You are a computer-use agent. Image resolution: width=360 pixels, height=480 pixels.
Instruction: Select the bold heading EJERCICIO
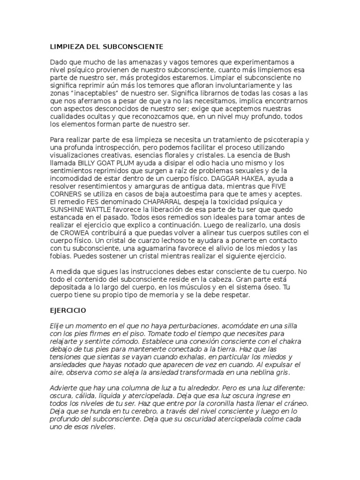[x=68, y=310]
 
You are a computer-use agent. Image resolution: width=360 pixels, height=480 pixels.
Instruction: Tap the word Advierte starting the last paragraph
[x=65, y=388]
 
